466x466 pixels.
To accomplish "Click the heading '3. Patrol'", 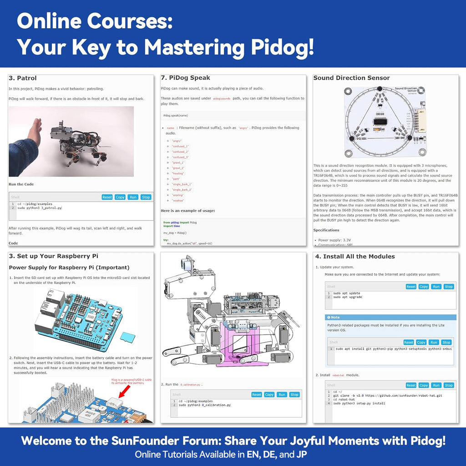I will click(x=23, y=78).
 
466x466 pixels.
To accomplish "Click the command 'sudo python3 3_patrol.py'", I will click(x=40, y=208).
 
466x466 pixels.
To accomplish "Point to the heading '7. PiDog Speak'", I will click(x=185, y=78).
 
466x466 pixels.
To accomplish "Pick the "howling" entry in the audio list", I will click(x=178, y=173).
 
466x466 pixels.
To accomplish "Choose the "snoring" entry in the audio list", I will click(x=178, y=195).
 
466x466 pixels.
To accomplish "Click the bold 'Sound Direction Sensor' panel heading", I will click(x=351, y=78).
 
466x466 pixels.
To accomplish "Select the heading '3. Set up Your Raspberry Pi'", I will click(x=54, y=256).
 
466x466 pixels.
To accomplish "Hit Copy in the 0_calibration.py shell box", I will click(x=269, y=395).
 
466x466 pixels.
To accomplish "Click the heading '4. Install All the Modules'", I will click(x=355, y=256).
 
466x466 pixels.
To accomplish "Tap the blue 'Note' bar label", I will click(x=335, y=317).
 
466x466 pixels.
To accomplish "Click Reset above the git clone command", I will click(x=411, y=385).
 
